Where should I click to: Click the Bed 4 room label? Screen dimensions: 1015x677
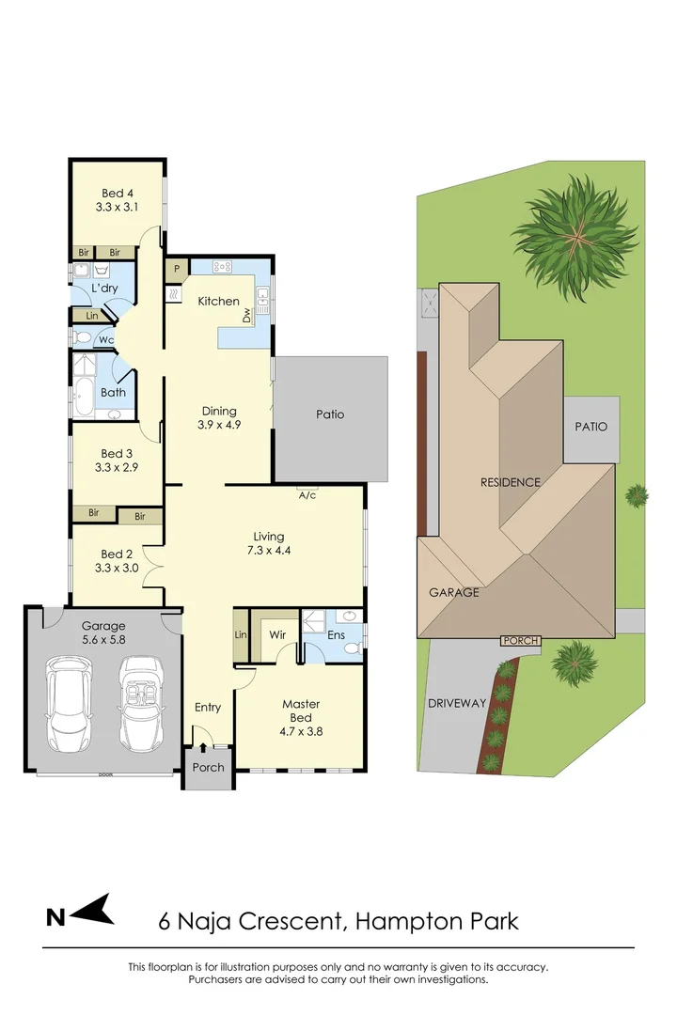click(118, 195)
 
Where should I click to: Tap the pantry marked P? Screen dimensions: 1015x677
click(175, 270)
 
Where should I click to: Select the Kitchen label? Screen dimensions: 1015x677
click(217, 302)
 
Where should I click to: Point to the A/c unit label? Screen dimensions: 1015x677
click(307, 497)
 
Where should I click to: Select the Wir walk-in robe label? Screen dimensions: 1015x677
click(276, 635)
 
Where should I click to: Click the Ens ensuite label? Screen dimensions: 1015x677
click(337, 635)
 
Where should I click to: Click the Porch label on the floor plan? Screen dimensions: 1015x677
click(208, 767)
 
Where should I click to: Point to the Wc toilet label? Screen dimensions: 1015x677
click(106, 339)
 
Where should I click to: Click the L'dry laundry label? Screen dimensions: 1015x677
click(103, 288)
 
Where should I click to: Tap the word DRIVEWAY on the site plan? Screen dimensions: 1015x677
click(457, 703)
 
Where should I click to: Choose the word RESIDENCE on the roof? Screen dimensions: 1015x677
click(511, 482)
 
